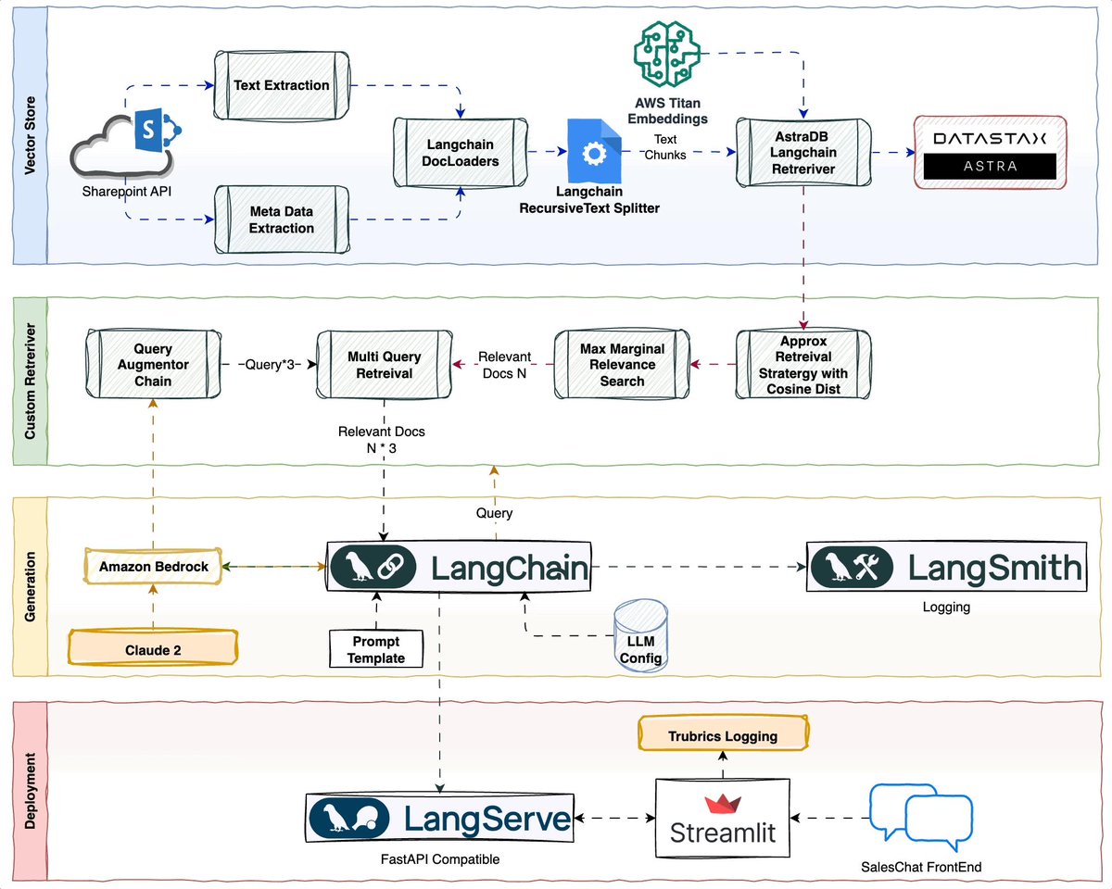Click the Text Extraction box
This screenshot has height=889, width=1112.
(x=282, y=85)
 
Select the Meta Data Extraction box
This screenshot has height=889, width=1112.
(x=282, y=219)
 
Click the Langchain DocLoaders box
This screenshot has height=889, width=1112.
(x=461, y=153)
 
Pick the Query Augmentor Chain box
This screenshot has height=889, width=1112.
(x=153, y=365)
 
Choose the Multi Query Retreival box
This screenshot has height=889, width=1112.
(x=384, y=365)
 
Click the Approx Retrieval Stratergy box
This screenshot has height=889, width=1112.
(x=803, y=365)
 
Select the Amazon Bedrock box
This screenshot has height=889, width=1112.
(x=153, y=566)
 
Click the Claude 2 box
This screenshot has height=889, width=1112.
(x=154, y=650)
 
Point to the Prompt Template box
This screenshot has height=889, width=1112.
(x=376, y=650)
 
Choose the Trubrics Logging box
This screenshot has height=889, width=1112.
(x=723, y=736)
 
